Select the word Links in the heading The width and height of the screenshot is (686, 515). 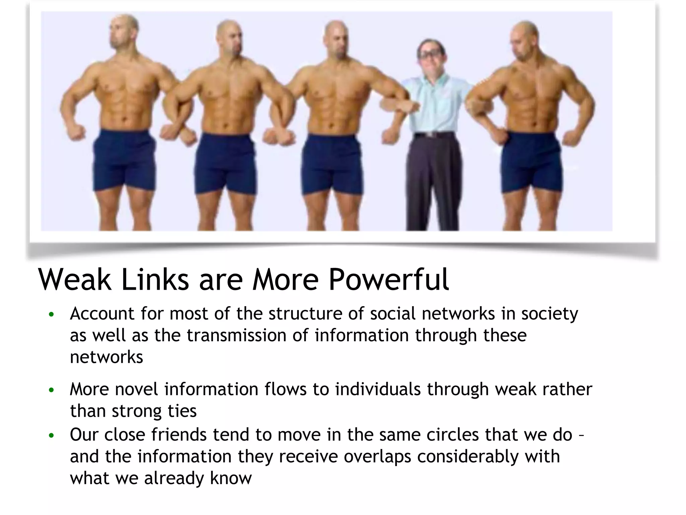155,280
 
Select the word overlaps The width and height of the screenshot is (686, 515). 377,457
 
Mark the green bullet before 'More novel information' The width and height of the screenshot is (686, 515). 51,391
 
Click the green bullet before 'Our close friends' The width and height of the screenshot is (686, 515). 51,436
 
